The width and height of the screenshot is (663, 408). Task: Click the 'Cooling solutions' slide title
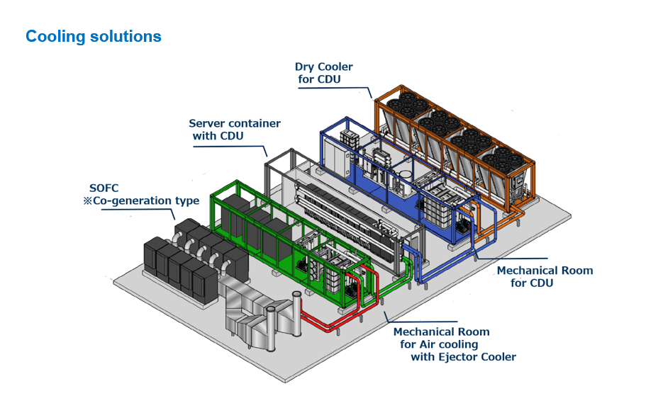[94, 36]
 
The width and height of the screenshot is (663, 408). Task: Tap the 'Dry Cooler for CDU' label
[323, 73]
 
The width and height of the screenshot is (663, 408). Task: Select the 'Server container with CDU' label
[234, 130]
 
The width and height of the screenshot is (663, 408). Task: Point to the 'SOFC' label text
[104, 188]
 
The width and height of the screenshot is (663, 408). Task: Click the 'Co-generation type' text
[146, 200]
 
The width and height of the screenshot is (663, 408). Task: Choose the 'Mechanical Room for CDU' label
[545, 277]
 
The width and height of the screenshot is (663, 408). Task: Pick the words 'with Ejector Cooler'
[464, 357]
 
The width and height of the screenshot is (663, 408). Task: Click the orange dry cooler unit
[455, 146]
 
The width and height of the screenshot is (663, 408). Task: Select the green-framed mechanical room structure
[291, 241]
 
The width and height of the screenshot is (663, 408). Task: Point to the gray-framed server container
[342, 211]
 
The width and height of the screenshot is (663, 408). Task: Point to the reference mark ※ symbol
[87, 200]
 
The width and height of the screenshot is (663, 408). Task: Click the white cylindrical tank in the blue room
[405, 174]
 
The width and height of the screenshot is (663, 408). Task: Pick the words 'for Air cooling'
[439, 345]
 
